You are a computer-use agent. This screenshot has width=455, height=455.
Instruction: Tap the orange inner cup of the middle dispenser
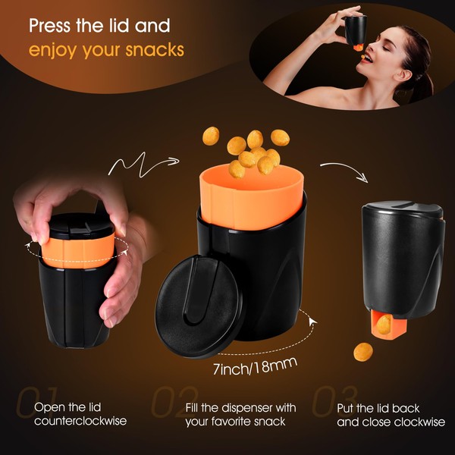(x=250, y=198)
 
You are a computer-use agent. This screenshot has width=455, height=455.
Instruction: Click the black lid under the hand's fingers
(x=80, y=224)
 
